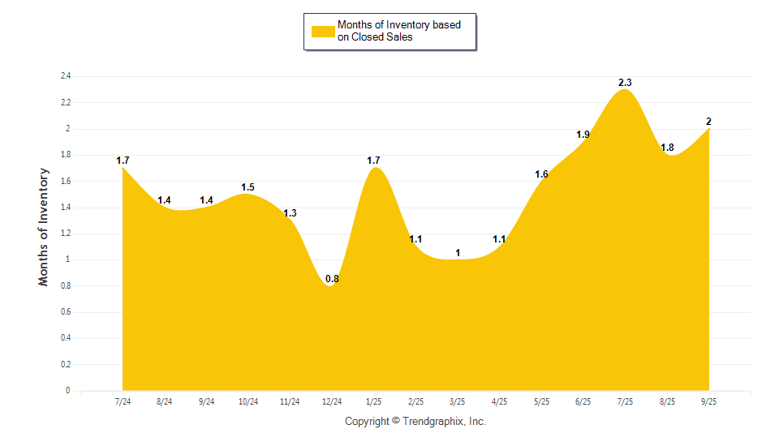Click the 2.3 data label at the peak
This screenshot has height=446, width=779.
[x=625, y=83]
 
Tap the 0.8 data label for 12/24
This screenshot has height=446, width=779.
[x=332, y=280]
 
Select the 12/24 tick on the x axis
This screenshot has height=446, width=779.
[x=332, y=401]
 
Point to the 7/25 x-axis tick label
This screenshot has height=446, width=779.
[x=625, y=401]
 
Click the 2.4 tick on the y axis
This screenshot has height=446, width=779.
[x=66, y=76]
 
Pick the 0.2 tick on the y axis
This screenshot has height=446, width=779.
[x=66, y=365]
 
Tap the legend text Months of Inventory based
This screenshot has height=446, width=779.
[x=398, y=25]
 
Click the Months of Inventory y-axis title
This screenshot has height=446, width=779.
[x=44, y=226]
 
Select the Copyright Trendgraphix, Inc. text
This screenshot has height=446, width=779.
[x=415, y=422]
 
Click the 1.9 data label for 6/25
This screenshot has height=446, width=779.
[x=583, y=135]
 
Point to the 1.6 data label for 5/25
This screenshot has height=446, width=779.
[x=541, y=174]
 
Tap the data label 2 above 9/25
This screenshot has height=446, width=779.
[x=708, y=122]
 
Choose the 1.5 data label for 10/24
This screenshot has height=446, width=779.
[x=248, y=187]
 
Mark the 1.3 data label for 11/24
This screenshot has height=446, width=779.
[x=290, y=213]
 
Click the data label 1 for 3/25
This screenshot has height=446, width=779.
[x=458, y=253]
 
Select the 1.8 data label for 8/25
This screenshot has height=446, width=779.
[x=667, y=148]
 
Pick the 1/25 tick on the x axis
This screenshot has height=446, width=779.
[x=374, y=401]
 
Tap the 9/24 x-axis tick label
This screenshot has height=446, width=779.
[x=206, y=401]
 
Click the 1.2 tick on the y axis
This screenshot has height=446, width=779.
[x=66, y=234]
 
